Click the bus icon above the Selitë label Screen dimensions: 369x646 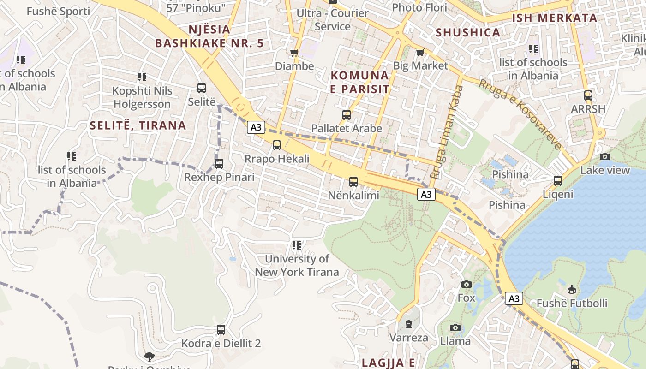(202, 88)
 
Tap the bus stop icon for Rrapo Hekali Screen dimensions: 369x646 (277, 145)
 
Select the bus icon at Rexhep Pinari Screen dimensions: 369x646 (219, 164)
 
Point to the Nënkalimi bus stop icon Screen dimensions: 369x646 (353, 182)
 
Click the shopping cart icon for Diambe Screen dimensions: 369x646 (294, 53)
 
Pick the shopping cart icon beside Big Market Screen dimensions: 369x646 (420, 52)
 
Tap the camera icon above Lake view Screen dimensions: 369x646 (605, 157)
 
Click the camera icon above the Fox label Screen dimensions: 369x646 (467, 284)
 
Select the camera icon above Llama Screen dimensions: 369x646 (455, 327)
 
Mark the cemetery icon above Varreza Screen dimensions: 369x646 (408, 324)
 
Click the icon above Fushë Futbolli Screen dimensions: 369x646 (572, 290)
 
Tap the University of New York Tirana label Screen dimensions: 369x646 (297, 266)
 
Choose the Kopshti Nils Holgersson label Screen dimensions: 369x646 (142, 97)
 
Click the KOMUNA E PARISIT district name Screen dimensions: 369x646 (360, 82)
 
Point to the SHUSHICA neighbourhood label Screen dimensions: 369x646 (468, 32)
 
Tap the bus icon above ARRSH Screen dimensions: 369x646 (588, 95)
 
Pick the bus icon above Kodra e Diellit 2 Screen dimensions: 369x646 (221, 330)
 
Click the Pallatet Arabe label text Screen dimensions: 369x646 (347, 128)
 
